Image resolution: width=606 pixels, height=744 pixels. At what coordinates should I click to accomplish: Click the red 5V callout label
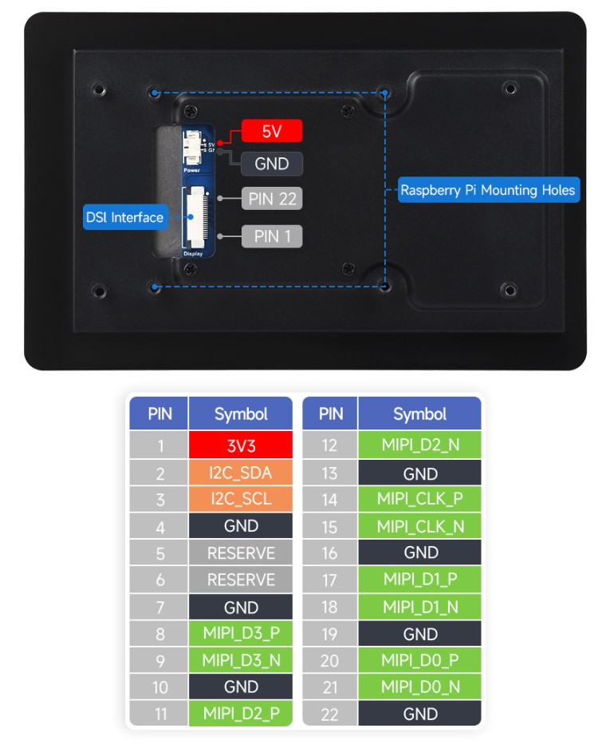[x=271, y=131]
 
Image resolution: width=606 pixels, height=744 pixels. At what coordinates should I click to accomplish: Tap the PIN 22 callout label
[x=271, y=198]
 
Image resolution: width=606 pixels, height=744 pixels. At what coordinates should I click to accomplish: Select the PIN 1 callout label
[x=271, y=235]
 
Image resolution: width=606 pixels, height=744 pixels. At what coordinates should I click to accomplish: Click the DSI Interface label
[x=125, y=217]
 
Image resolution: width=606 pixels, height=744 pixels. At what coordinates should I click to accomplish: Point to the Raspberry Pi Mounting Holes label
[x=487, y=190]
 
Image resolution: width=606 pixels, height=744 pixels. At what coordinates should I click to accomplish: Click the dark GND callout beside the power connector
[x=271, y=164]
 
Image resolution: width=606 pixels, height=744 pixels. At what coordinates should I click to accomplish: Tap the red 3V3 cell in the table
[x=241, y=445]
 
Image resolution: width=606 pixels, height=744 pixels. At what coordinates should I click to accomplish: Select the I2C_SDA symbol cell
[x=241, y=473]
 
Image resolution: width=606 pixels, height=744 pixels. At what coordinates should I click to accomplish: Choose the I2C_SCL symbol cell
[x=241, y=499]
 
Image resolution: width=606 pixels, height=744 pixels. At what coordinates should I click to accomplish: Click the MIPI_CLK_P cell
[x=419, y=499]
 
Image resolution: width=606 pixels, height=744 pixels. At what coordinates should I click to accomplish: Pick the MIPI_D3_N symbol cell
[x=241, y=660]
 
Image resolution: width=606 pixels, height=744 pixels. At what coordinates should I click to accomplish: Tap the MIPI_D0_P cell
[x=419, y=660]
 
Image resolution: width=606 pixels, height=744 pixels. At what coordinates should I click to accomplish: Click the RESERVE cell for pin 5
[x=241, y=552]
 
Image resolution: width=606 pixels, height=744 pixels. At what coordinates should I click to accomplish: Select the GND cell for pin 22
[x=419, y=714]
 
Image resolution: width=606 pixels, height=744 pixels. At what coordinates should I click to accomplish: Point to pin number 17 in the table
[x=330, y=580]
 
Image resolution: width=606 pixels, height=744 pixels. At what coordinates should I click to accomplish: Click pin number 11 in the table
[x=159, y=714]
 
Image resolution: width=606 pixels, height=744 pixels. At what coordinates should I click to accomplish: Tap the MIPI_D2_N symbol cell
[x=419, y=445]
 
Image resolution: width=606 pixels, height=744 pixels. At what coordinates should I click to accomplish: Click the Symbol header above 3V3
[x=241, y=414]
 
